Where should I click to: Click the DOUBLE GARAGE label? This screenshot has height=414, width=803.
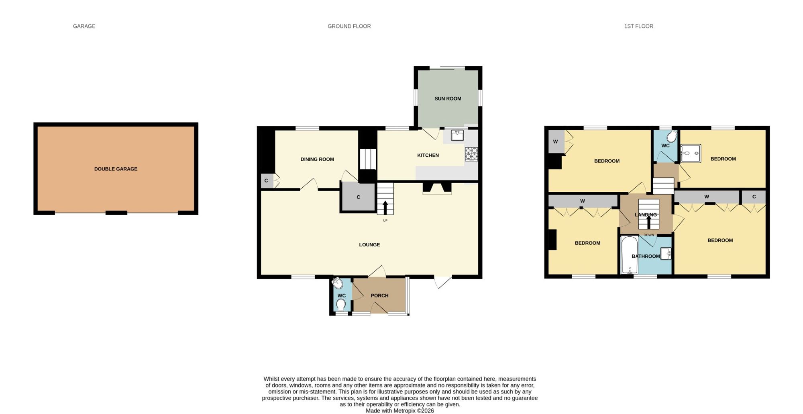116,169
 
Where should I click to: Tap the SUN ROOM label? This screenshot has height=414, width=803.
448,98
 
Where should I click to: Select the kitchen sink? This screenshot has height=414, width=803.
457,135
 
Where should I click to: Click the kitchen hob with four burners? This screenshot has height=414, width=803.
471,154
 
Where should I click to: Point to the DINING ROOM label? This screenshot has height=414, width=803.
317,159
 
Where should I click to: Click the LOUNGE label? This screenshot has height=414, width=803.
369,244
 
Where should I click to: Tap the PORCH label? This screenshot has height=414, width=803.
379,295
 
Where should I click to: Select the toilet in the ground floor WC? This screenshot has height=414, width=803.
341,305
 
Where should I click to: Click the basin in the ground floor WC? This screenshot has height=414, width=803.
338,283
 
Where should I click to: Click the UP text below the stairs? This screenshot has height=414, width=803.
385,220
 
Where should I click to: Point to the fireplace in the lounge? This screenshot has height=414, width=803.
437,189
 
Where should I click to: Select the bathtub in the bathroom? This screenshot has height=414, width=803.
629,255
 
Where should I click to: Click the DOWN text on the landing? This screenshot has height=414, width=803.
648,235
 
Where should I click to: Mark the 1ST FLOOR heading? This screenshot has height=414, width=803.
638,26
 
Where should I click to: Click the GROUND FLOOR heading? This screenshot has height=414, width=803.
349,26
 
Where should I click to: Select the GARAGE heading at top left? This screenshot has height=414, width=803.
84,26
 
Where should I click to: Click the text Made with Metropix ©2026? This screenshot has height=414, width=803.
399,411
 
